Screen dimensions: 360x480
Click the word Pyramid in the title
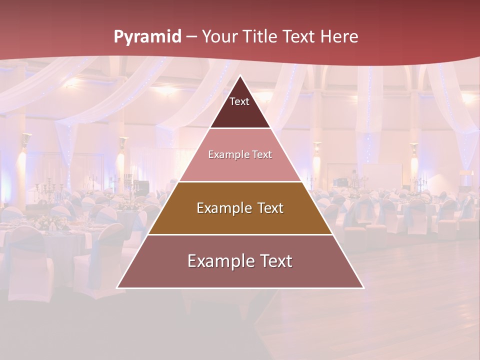[x=147, y=37]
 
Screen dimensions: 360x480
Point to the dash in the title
[x=191, y=37]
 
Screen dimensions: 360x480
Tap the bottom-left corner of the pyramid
[x=117, y=287]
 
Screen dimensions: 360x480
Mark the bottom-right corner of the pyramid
[x=363, y=287]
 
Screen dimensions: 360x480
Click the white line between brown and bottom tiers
[x=240, y=234]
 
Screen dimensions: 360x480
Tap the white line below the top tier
[x=240, y=128]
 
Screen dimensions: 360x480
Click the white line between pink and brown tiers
[x=240, y=181]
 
